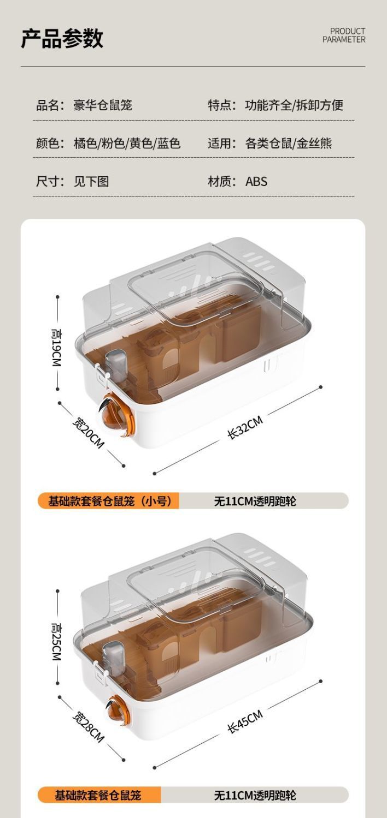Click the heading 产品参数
click(x=62, y=38)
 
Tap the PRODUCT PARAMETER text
click(x=344, y=35)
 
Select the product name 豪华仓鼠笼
click(x=103, y=105)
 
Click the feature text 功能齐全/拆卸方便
click(x=294, y=105)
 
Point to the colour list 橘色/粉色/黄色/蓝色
click(x=127, y=144)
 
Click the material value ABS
click(x=256, y=181)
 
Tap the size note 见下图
click(x=91, y=181)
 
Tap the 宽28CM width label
click(x=87, y=727)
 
